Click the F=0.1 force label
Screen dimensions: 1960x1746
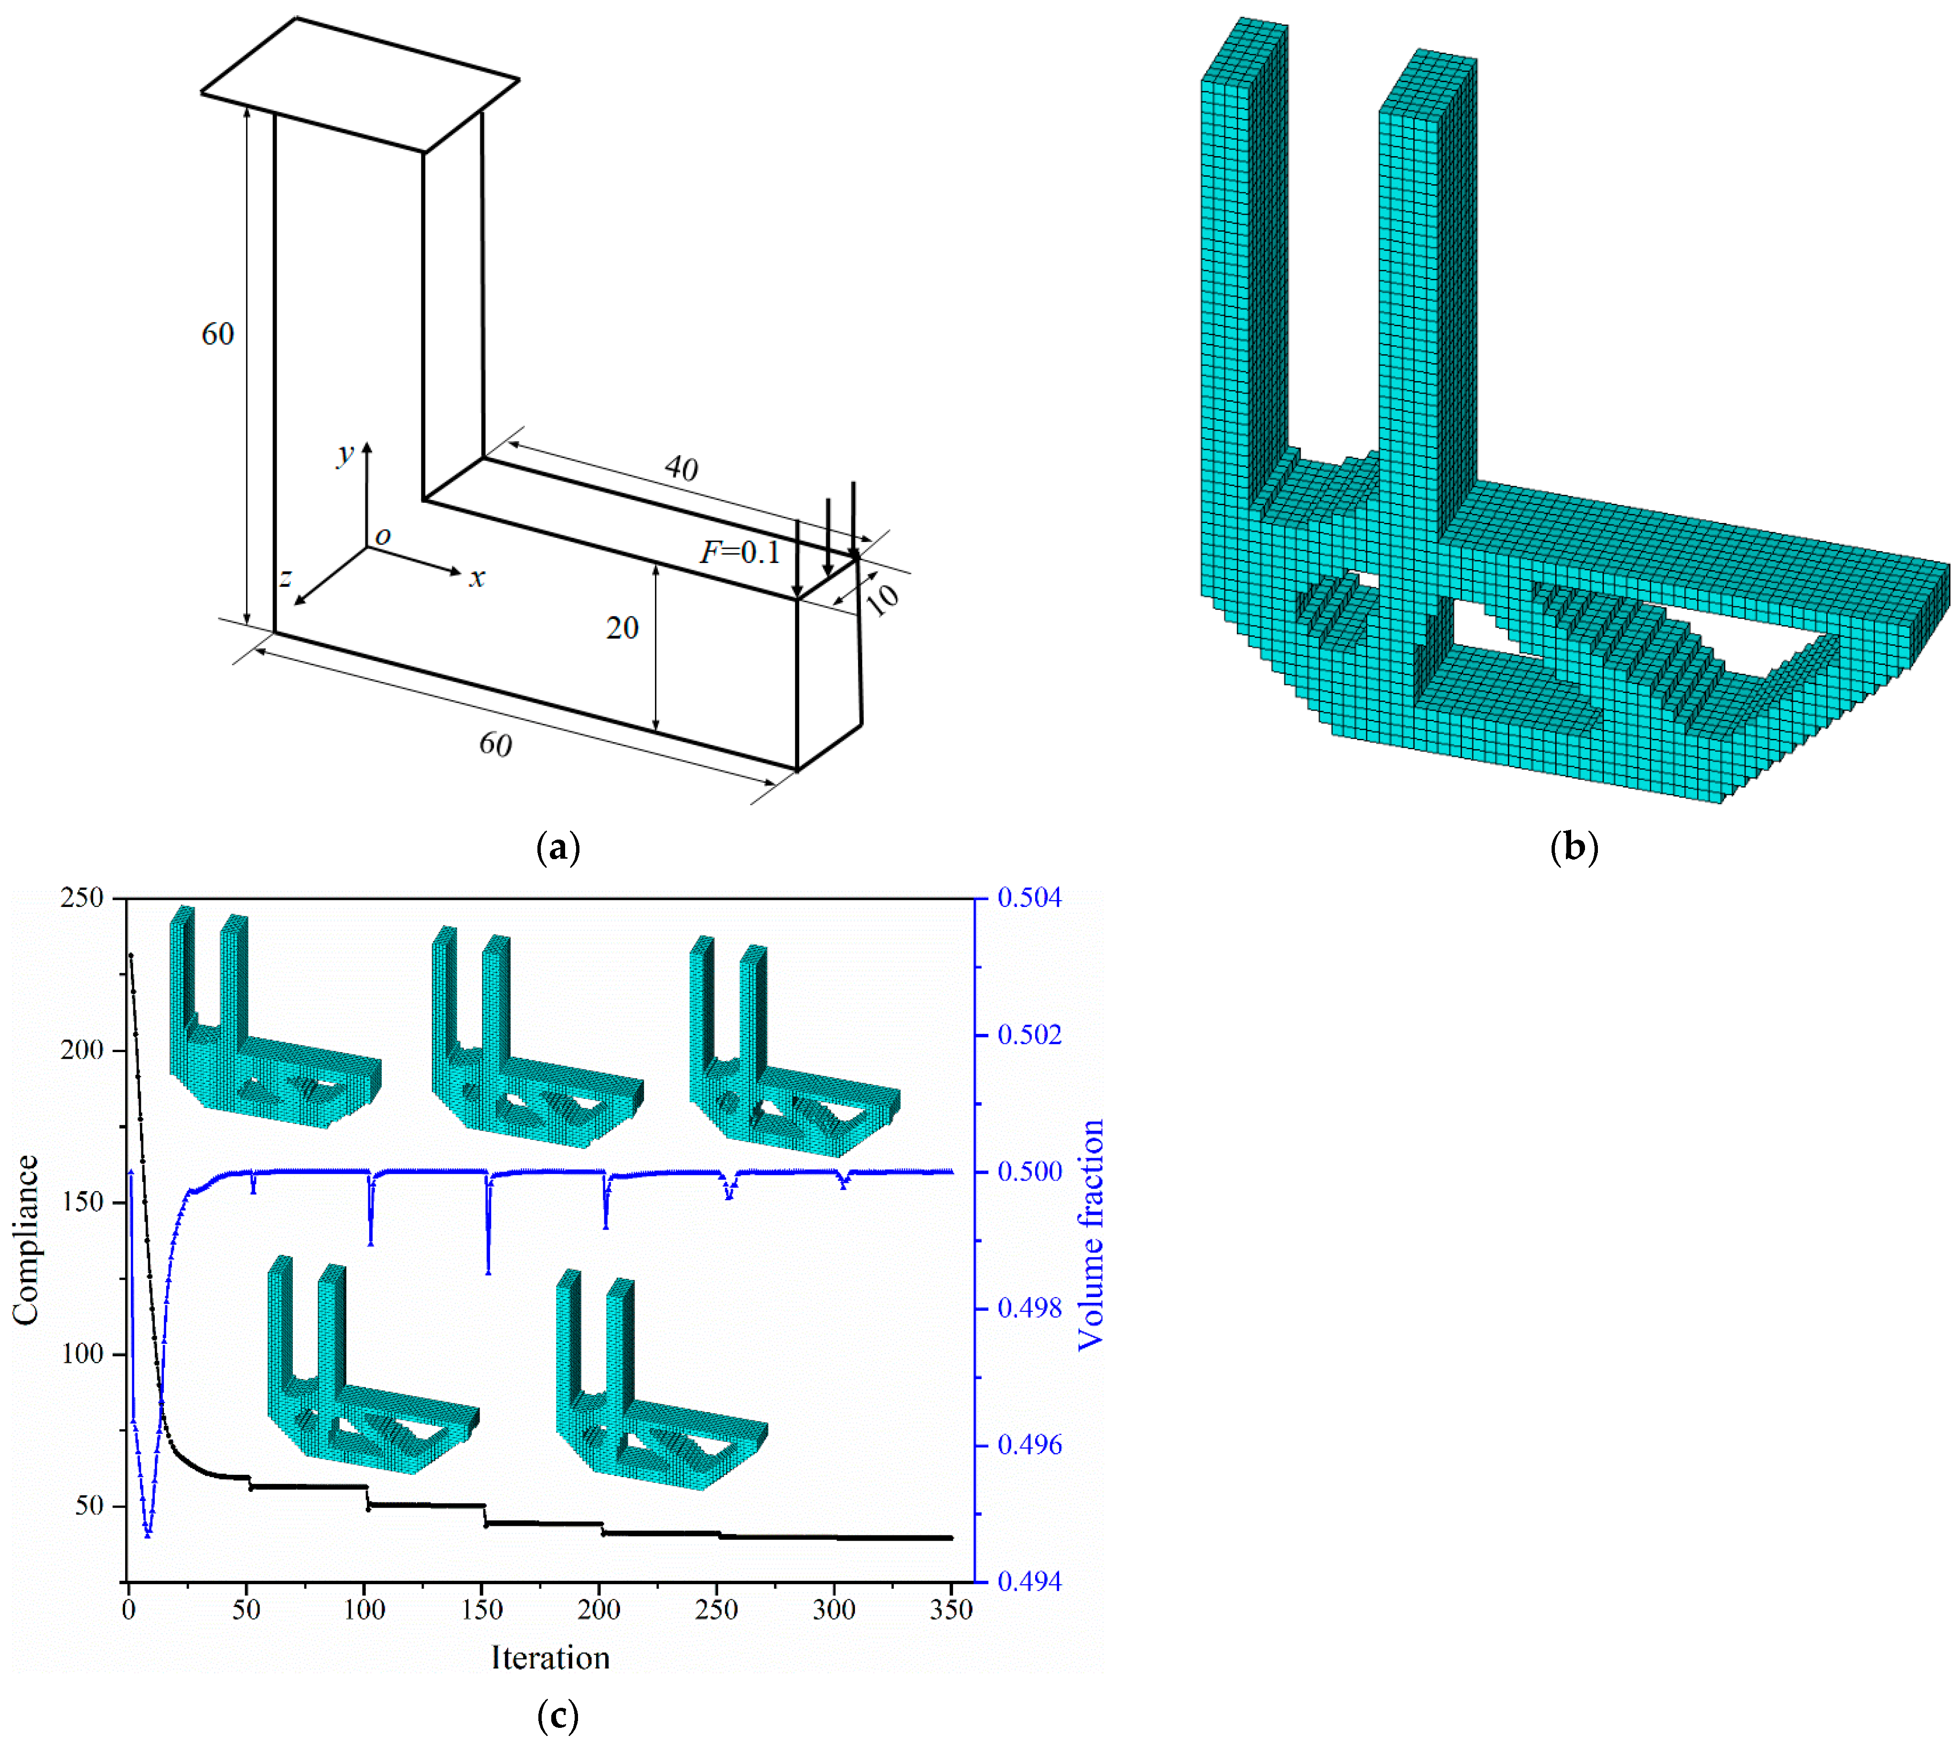(739, 553)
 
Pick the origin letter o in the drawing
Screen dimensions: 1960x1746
(383, 536)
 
